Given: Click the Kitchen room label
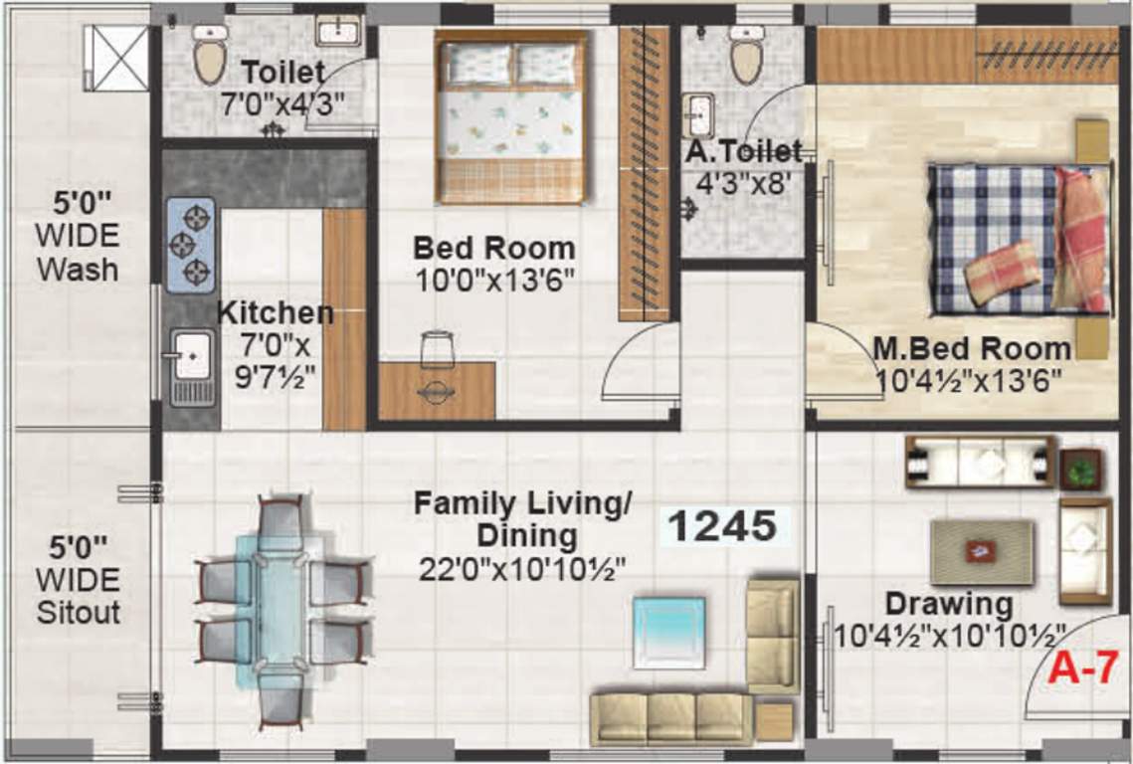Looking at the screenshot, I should click(x=276, y=312).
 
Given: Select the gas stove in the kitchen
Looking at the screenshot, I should click(x=190, y=244).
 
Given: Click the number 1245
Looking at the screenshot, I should click(x=721, y=526).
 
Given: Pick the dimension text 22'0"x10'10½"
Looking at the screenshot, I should click(x=522, y=569).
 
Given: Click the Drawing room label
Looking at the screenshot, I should click(x=949, y=604).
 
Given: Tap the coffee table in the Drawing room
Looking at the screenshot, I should click(x=981, y=550).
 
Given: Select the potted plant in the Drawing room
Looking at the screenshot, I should click(x=1080, y=468).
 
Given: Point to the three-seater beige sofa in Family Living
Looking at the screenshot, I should click(x=669, y=718).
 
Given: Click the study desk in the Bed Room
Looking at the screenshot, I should click(x=437, y=391).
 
